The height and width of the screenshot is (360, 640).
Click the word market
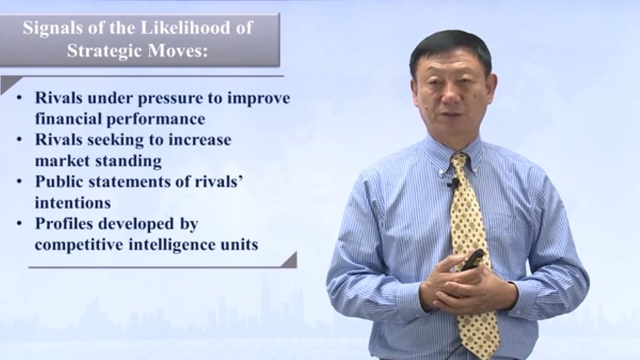coord(56,161)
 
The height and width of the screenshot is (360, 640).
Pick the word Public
coord(59,181)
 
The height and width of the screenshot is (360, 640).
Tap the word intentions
coord(73,203)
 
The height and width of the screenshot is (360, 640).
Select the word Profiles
coord(65,224)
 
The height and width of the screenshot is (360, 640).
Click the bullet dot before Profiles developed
coord(19,224)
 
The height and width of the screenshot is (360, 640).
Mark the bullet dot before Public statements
coord(19,181)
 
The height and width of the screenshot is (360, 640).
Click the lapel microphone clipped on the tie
coord(452,183)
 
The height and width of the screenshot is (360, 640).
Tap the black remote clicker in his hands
coord(473,259)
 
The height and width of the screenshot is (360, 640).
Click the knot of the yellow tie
coord(459,161)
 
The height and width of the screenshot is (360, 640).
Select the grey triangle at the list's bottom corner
coord(289,260)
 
